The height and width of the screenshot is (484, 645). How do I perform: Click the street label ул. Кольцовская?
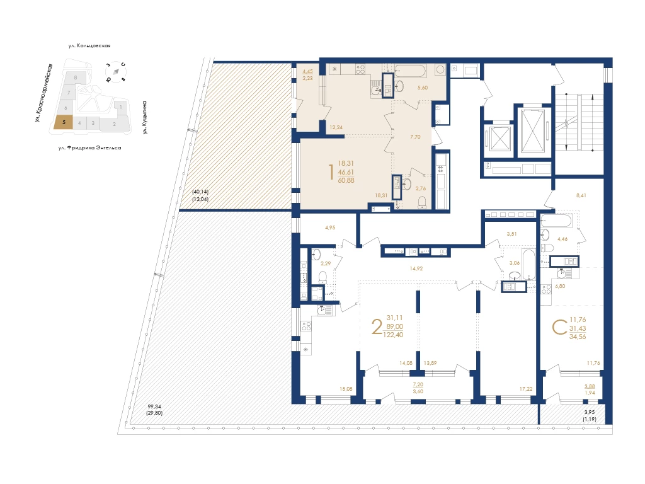89,45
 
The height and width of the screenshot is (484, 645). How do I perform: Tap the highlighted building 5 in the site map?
64,123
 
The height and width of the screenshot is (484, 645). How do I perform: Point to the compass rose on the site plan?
116,72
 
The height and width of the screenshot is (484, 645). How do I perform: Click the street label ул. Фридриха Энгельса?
89,147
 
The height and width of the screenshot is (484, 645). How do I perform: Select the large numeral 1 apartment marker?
331,173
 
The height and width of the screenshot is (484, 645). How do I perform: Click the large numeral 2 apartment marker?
377,327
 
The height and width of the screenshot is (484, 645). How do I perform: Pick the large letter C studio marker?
559,328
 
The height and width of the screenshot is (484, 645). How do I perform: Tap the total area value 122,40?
393,335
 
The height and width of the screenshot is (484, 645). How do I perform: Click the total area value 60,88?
346,180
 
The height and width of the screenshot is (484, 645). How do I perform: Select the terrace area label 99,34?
154,406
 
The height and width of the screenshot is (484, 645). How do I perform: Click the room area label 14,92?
416,268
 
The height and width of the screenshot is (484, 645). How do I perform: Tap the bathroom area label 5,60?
423,88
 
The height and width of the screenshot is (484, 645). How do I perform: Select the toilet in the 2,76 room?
421,202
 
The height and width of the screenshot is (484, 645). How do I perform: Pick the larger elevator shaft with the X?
533,130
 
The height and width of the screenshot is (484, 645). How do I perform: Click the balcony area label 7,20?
418,384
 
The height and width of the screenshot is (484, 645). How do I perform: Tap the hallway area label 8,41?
581,195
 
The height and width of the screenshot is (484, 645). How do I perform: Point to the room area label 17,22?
526,388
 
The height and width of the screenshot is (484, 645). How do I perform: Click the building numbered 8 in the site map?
76,78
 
